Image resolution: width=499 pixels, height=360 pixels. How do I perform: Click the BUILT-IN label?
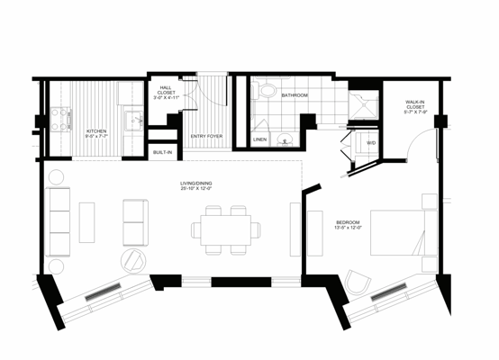163,153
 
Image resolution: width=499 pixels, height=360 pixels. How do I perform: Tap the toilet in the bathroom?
267,92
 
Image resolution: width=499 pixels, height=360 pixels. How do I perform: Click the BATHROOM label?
295,94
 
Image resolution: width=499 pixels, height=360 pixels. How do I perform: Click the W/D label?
371,141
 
